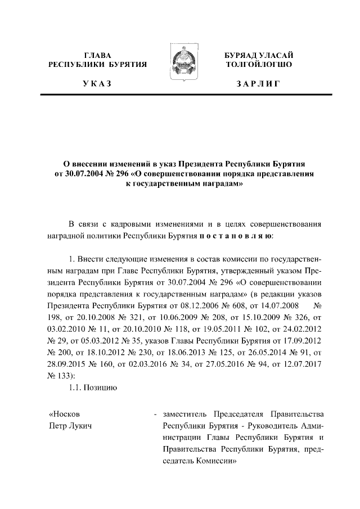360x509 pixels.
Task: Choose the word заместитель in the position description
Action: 184,414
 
